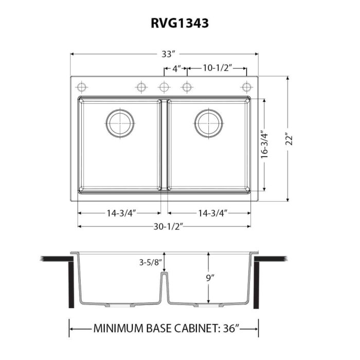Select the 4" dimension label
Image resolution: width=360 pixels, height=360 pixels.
[x=175, y=68]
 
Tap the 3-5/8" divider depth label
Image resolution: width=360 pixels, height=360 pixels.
[x=150, y=262]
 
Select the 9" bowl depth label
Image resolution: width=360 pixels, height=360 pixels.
[x=209, y=278]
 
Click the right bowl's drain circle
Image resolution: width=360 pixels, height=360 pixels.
[x=209, y=123]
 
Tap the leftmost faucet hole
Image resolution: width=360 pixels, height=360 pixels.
[x=80, y=86]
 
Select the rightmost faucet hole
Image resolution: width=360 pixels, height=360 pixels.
[x=247, y=86]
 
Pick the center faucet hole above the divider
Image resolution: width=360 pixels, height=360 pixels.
[x=164, y=86]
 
